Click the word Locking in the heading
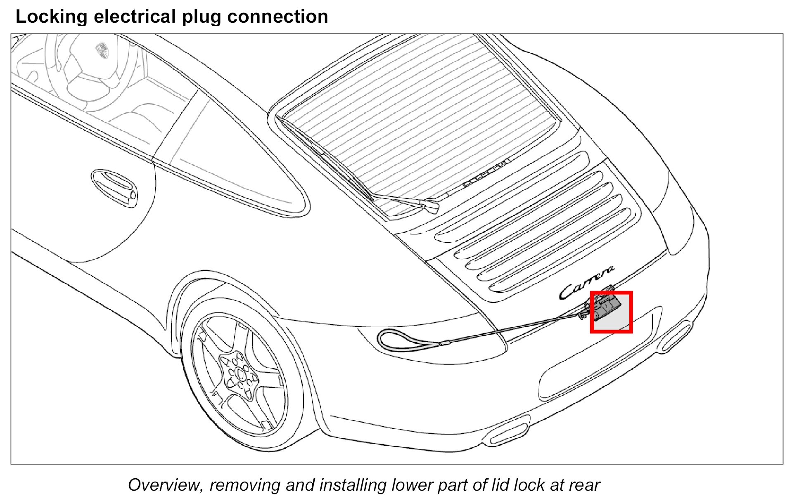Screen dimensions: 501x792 pyautogui.click(x=51, y=17)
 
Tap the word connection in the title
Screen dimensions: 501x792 pyautogui.click(x=277, y=17)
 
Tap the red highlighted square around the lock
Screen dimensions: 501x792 pyautogui.click(x=611, y=312)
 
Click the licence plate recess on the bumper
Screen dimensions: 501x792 pyautogui.click(x=595, y=371)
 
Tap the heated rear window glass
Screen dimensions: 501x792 pyautogui.click(x=421, y=120)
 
